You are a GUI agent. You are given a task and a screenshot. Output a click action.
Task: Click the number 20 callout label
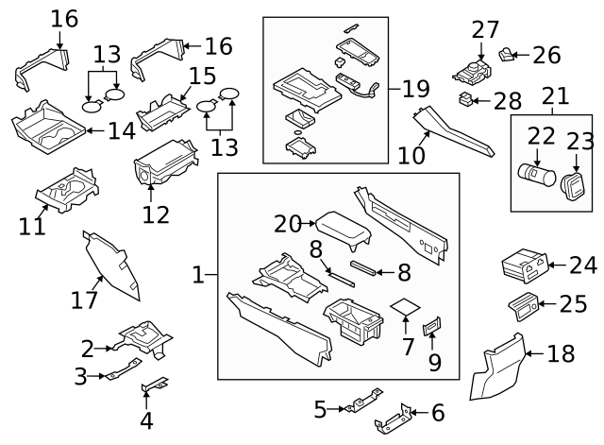tap(287, 224)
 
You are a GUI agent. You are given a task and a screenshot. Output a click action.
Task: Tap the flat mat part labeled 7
tap(406, 308)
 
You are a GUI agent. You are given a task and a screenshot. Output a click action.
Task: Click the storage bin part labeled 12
tap(162, 169)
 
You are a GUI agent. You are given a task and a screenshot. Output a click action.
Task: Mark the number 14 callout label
tap(121, 130)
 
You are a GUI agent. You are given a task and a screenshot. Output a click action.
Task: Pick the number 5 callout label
tap(320, 409)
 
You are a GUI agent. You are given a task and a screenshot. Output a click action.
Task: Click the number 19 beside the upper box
tap(415, 90)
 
